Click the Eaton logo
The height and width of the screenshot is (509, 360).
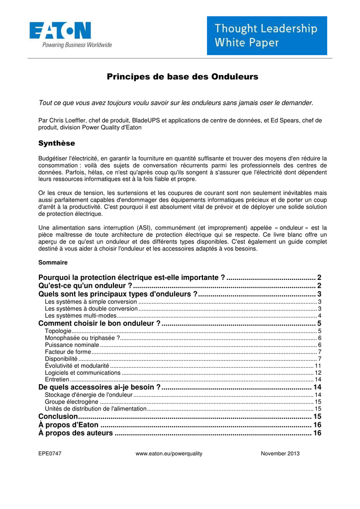60,31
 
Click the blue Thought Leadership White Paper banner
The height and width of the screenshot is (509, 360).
267,36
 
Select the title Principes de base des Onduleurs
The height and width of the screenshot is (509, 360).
182,77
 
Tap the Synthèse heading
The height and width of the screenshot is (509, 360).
57,143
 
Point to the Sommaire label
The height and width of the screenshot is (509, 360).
53,262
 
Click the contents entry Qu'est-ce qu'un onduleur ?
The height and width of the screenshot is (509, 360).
85,285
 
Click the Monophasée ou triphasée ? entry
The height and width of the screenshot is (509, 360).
82,338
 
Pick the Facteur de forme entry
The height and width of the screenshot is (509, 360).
68,352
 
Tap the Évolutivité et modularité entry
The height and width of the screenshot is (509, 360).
77,365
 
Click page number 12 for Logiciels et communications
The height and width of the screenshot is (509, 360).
318,372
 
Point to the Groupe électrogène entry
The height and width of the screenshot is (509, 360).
72,402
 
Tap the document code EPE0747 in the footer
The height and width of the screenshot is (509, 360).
50,453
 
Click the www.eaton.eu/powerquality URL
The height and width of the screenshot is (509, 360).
169,453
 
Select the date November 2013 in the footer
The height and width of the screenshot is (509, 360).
280,453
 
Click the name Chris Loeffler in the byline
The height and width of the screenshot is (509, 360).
69,120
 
